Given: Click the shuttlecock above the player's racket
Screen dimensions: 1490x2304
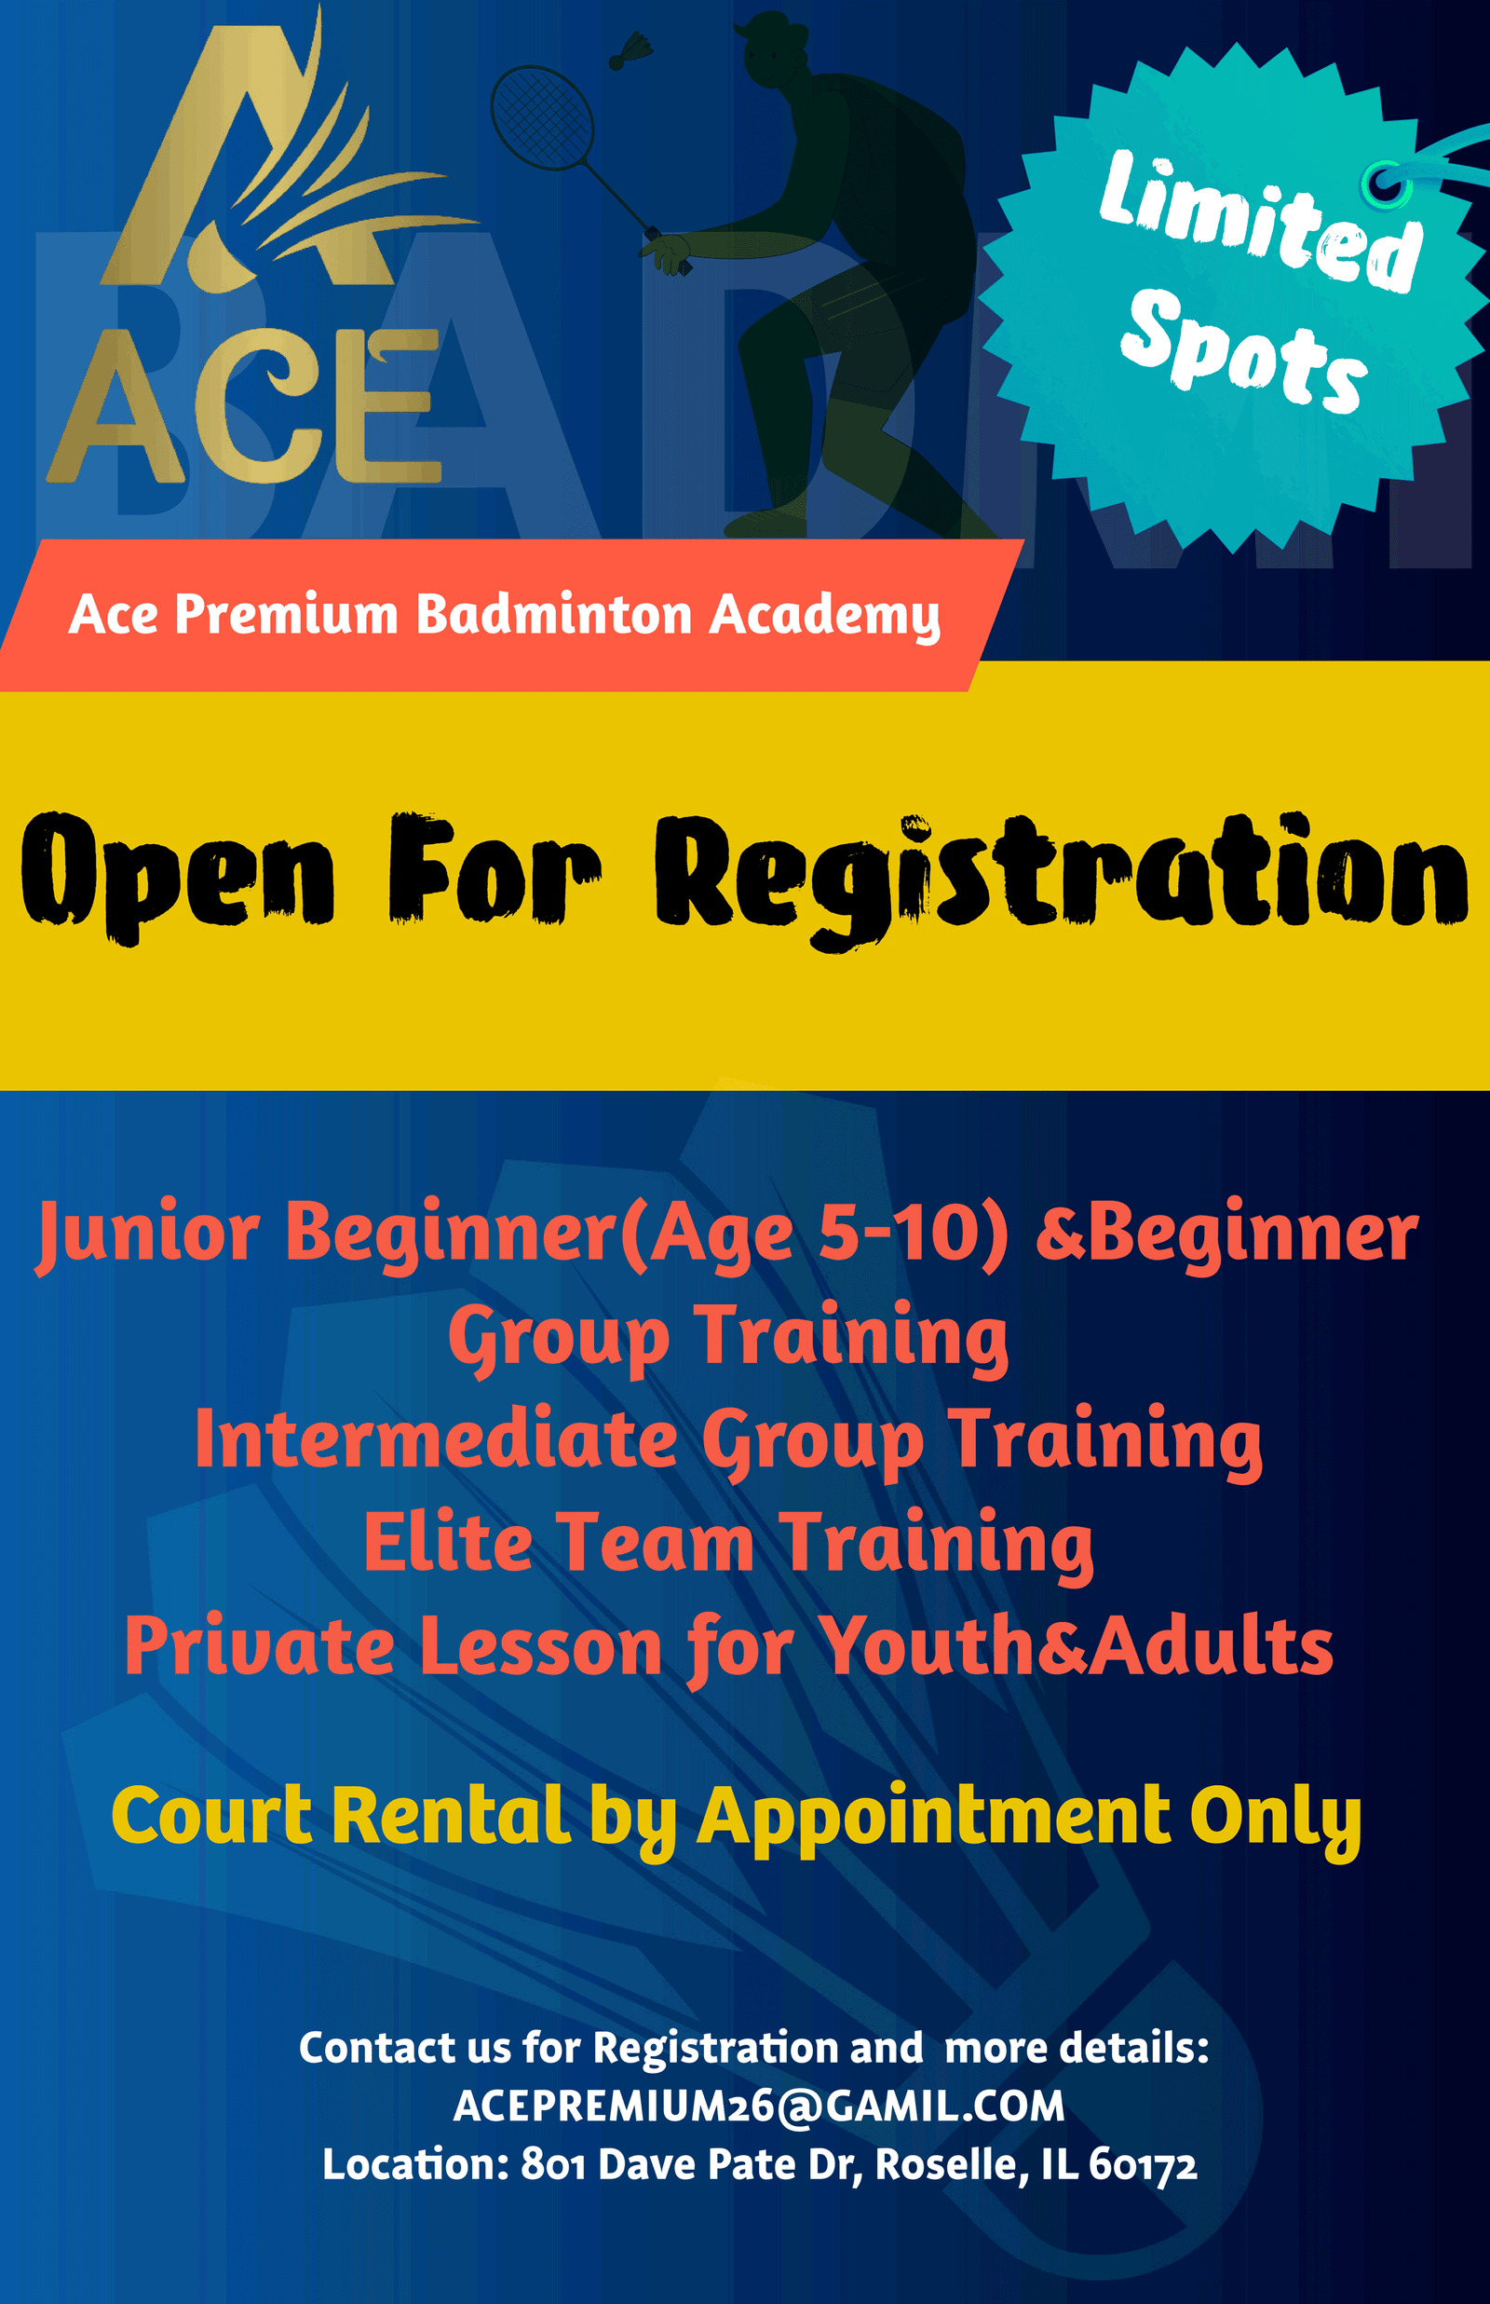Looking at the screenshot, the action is pyautogui.click(x=630, y=51).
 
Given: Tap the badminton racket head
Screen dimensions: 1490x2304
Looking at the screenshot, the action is pyautogui.click(x=542, y=117).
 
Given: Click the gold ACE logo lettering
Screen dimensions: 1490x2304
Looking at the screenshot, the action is pyautogui.click(x=244, y=407).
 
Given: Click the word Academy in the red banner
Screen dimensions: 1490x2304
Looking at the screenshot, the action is pyautogui.click(x=824, y=617).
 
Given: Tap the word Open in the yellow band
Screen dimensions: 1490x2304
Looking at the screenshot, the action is pyautogui.click(x=178, y=877).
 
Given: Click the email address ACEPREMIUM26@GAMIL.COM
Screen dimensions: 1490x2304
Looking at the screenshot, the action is pyautogui.click(x=760, y=2106).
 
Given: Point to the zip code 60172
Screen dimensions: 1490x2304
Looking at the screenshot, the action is pyautogui.click(x=1143, y=2164).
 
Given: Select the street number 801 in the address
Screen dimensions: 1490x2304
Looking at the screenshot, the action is pyautogui.click(x=552, y=2164).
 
